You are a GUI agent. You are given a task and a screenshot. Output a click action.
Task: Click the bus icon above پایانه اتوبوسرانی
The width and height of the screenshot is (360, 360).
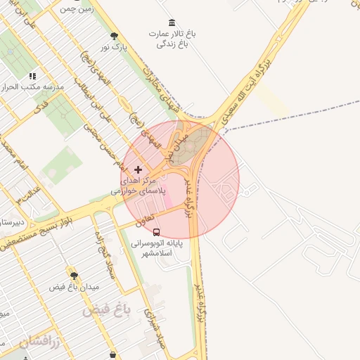(156, 231)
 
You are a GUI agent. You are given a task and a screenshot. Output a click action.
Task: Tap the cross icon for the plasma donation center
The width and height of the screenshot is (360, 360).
(138, 169)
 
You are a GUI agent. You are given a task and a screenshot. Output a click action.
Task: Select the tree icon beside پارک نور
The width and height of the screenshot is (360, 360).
(115, 36)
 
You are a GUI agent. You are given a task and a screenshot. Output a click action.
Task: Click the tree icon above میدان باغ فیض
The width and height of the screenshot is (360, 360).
(74, 275)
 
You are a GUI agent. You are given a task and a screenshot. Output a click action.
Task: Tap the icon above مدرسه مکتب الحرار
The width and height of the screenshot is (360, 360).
(32, 76)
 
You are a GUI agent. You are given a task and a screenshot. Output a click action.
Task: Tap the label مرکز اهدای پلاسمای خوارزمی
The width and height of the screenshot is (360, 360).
(139, 186)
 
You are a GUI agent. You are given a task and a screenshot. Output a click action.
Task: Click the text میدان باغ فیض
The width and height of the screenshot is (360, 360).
(74, 287)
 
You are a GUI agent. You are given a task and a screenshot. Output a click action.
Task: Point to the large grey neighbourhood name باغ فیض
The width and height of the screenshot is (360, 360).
(107, 309)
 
